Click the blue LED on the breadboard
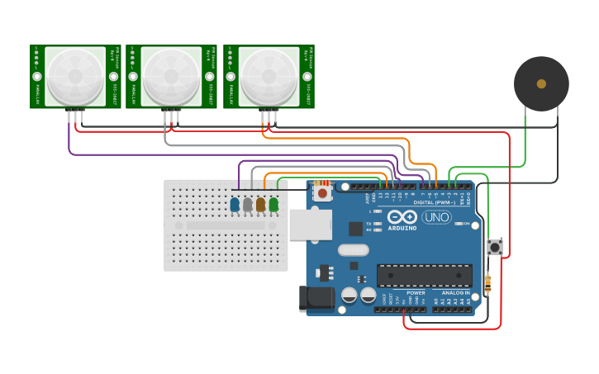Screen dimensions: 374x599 click(235, 204)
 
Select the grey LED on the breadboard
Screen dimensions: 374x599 click(248, 204)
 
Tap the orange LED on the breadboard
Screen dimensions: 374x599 click(260, 204)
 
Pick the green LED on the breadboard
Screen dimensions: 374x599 click(273, 204)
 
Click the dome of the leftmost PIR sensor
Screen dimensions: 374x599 click(75, 75)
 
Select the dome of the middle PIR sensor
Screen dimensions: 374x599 click(171, 75)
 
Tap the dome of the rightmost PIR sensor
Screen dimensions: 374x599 click(269, 75)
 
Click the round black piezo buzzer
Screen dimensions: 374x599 click(541, 83)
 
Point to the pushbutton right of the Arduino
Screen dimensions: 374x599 click(495, 246)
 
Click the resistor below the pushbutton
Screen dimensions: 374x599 click(487, 283)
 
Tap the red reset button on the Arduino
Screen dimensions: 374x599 click(322, 192)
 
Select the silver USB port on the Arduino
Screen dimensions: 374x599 click(310, 225)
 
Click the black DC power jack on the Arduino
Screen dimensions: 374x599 click(316, 299)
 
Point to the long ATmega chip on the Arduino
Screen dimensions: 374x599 click(424, 276)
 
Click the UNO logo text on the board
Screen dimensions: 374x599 click(436, 217)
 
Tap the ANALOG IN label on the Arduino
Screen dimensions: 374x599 click(454, 292)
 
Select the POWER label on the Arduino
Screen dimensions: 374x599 click(416, 292)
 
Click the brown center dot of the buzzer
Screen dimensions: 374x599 click(541, 83)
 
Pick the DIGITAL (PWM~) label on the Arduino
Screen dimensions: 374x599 click(435, 201)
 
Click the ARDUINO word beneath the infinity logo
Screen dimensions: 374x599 click(402, 228)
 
